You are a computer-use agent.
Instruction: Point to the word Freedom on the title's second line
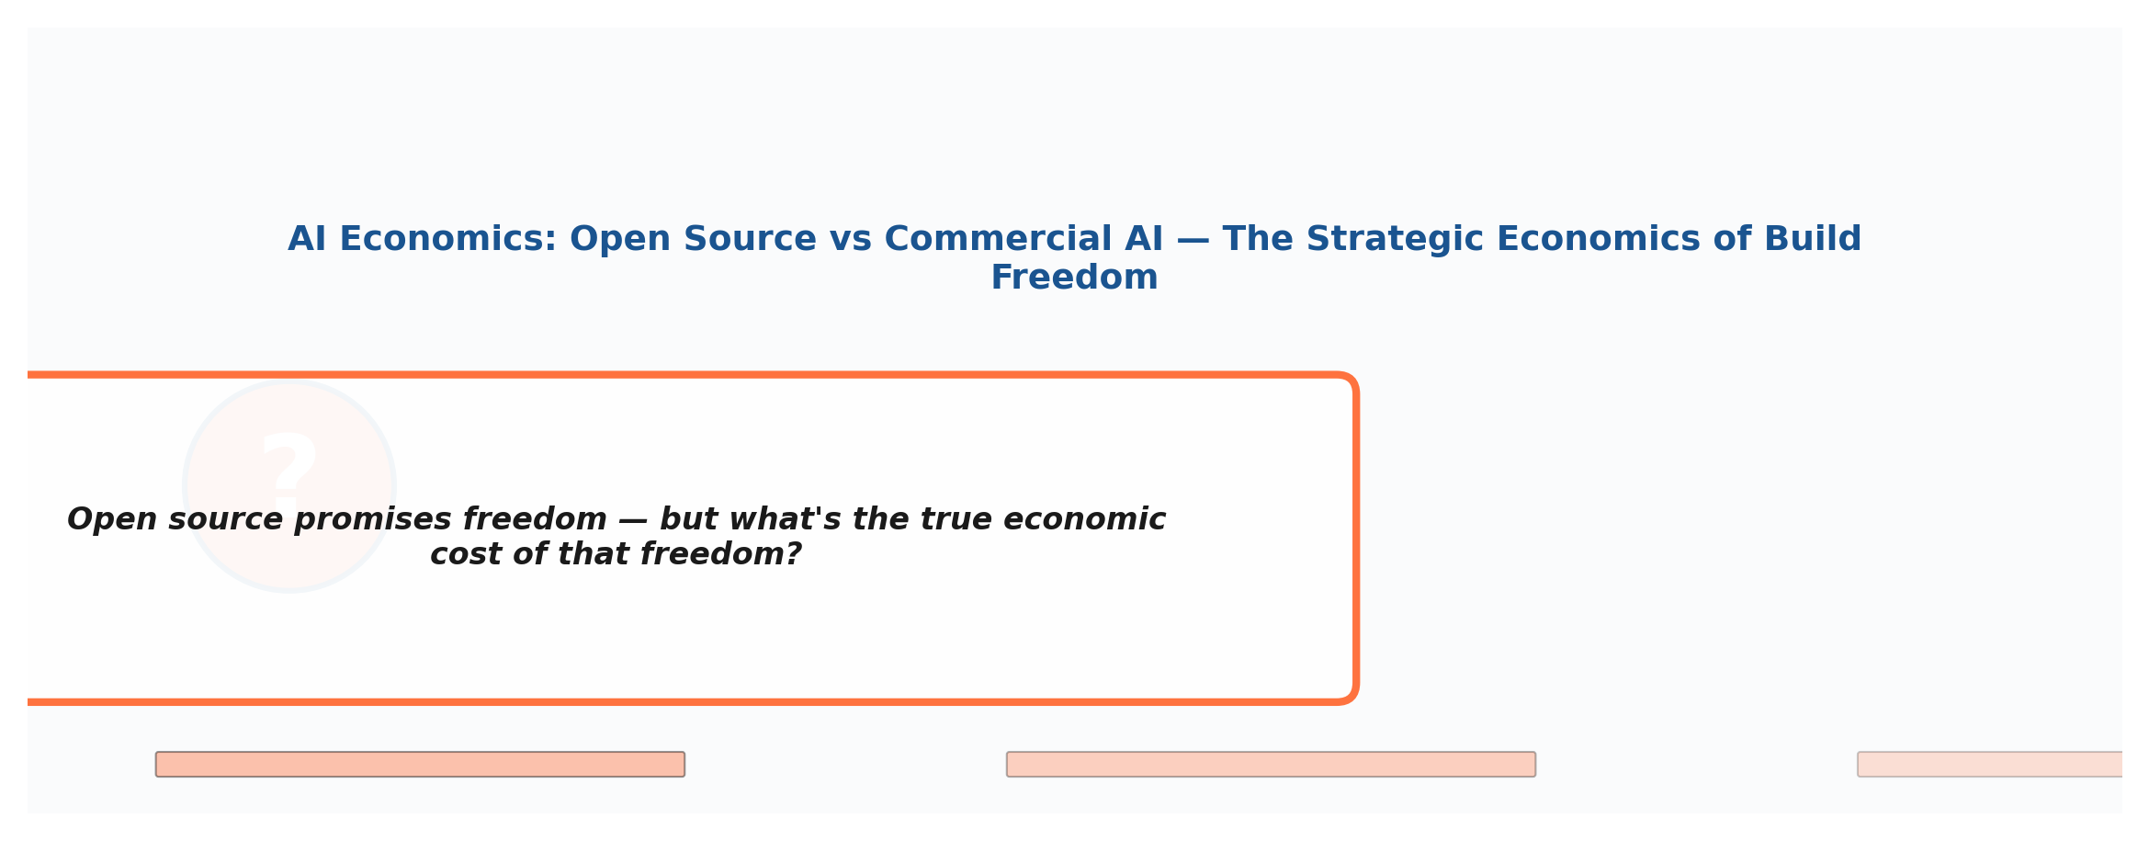point(1074,278)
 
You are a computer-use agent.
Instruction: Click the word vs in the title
point(850,239)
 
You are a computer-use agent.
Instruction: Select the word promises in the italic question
point(373,519)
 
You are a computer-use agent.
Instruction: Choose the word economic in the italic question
point(1085,519)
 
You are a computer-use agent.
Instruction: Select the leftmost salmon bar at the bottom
point(420,765)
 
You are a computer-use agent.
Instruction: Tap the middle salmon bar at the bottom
point(1271,765)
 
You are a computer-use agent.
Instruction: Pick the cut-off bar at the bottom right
point(1989,765)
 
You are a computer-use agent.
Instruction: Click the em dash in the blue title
point(1193,239)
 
